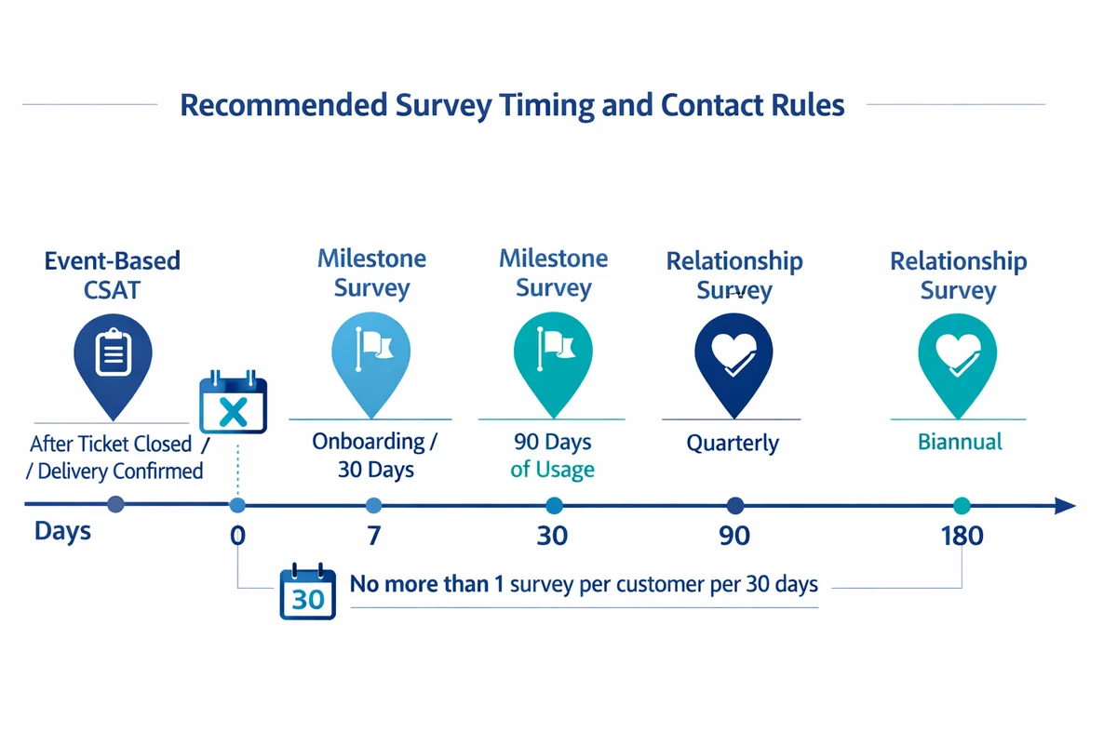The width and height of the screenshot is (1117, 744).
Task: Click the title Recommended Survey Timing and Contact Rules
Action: [x=512, y=104]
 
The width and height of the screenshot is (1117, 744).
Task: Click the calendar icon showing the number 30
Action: [x=307, y=591]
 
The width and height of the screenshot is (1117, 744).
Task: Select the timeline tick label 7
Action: [x=373, y=537]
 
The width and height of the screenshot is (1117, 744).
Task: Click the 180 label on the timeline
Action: [x=962, y=537]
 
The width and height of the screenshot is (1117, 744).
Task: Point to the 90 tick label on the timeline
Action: [x=733, y=537]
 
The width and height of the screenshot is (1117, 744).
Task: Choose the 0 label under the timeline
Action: [x=237, y=537]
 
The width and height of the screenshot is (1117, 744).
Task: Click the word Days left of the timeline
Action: [x=63, y=532]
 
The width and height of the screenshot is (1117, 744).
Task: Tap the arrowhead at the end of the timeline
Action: [x=1066, y=506]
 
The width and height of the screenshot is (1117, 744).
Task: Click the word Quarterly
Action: [x=733, y=443]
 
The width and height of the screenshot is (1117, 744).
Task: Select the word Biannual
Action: [x=960, y=442]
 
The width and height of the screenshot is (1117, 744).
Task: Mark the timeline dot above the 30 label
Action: [x=554, y=506]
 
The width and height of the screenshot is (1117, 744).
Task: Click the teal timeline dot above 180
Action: [x=962, y=506]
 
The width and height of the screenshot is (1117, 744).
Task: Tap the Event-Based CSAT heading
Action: [x=113, y=274]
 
